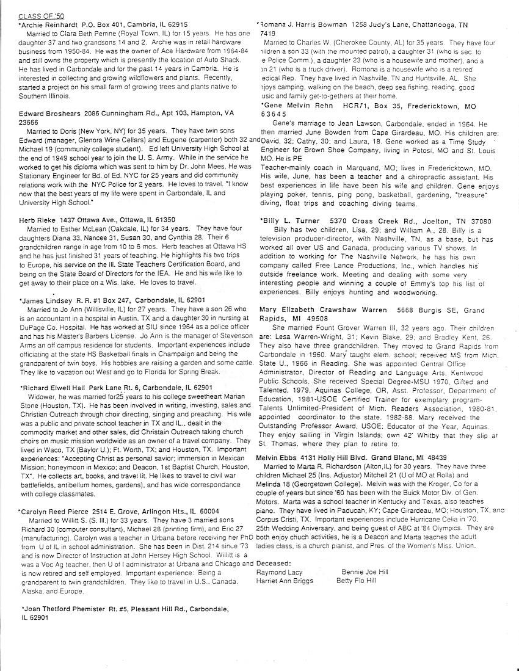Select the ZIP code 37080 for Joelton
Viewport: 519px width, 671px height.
click(x=474, y=220)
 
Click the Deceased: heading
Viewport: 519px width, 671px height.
click(x=274, y=564)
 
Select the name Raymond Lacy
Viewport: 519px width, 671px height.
click(x=280, y=573)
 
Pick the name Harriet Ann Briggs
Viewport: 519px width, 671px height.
click(x=285, y=581)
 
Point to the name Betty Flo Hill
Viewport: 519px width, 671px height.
click(x=356, y=581)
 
